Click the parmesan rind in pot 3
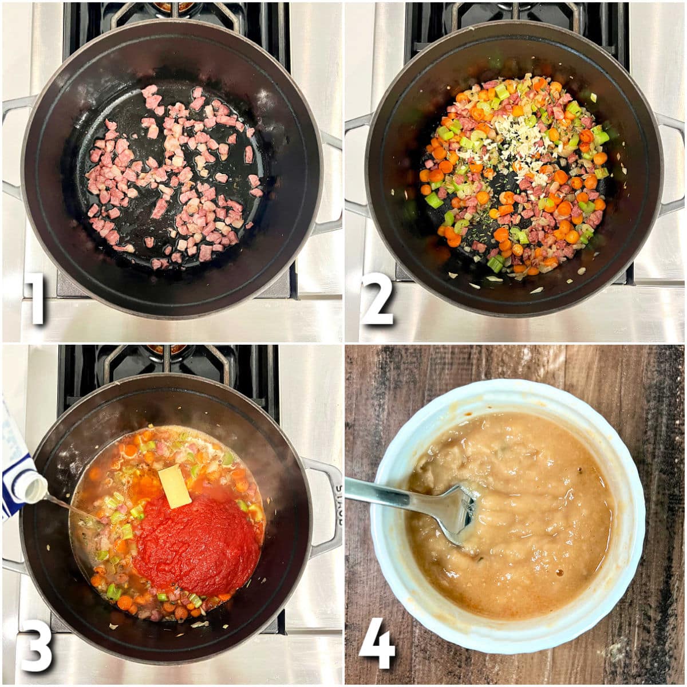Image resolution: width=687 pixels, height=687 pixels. (175, 486)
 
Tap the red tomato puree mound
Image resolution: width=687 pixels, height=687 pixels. (198, 544)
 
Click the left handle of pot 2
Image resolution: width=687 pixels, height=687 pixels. (356, 163)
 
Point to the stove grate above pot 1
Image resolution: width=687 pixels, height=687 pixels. (172, 14)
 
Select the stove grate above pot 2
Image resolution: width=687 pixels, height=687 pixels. (515, 14)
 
